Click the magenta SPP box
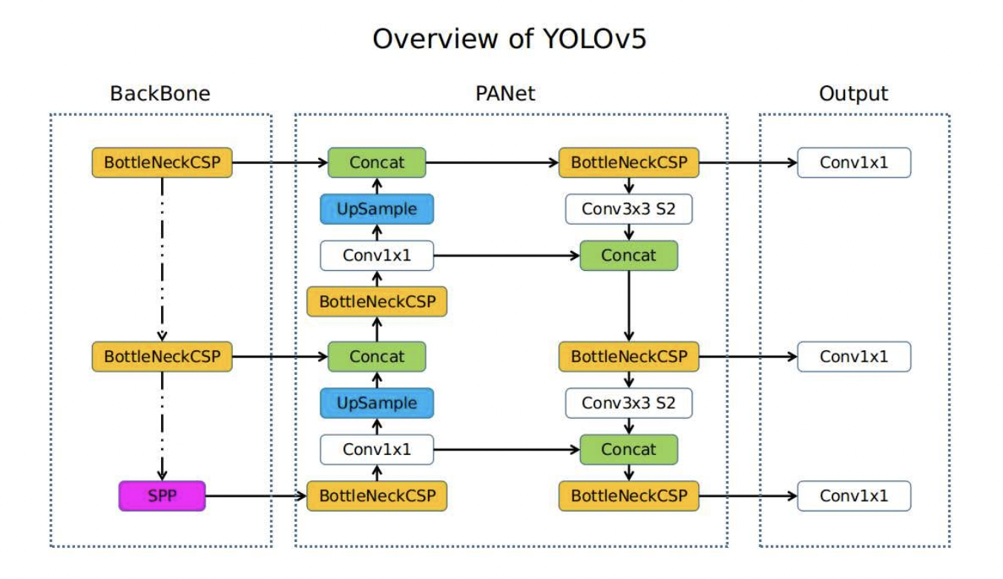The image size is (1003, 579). pyautogui.click(x=162, y=496)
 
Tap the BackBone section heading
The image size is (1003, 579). pyautogui.click(x=160, y=94)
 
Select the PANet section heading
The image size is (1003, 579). pyautogui.click(x=505, y=94)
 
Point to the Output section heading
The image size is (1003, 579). pyautogui.click(x=853, y=94)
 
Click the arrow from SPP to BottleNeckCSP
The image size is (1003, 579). pyautogui.click(x=256, y=496)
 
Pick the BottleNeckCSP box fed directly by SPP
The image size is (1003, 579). pyautogui.click(x=377, y=496)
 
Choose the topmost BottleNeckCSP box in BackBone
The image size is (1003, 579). pyautogui.click(x=162, y=163)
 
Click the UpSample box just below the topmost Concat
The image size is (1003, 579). pyautogui.click(x=377, y=209)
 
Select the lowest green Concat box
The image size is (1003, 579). pyautogui.click(x=628, y=449)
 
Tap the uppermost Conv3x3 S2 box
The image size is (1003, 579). pyautogui.click(x=628, y=209)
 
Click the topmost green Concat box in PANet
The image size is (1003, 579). pyautogui.click(x=377, y=163)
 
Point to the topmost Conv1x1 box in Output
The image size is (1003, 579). pyautogui.click(x=853, y=163)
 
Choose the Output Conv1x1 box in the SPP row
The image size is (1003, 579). pyautogui.click(x=853, y=496)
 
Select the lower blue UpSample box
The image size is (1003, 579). pyautogui.click(x=377, y=403)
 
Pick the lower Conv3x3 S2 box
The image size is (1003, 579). pyautogui.click(x=628, y=403)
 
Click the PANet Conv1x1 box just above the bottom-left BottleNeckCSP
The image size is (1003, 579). pyautogui.click(x=377, y=449)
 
